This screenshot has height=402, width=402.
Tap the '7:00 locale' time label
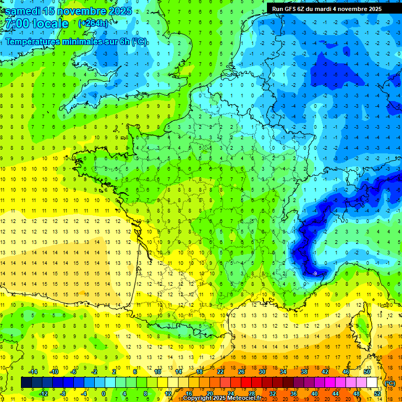coord(36,24)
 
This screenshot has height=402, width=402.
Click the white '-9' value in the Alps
coord(315,273)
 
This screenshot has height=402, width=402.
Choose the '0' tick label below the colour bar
coord(104,394)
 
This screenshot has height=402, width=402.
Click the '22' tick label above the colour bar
coord(220,372)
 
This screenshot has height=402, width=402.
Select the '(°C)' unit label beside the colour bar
coord(390,383)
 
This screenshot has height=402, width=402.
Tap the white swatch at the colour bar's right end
coord(372,383)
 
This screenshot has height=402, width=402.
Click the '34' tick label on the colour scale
coord(283,372)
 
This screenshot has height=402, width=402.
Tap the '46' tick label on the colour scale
coord(346,372)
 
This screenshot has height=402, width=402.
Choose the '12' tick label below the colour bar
coord(168,394)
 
